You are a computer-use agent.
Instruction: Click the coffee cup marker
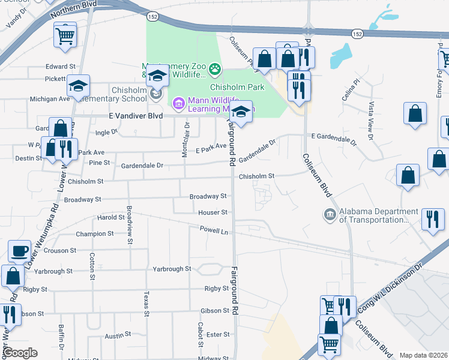click(19, 251)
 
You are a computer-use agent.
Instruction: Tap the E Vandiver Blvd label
click(136, 116)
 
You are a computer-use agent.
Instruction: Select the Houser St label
click(213, 212)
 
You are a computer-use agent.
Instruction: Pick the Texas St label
click(146, 304)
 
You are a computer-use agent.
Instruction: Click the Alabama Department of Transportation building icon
click(330, 214)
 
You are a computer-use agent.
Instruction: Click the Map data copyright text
click(423, 355)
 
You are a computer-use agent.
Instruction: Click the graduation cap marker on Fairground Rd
click(241, 113)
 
